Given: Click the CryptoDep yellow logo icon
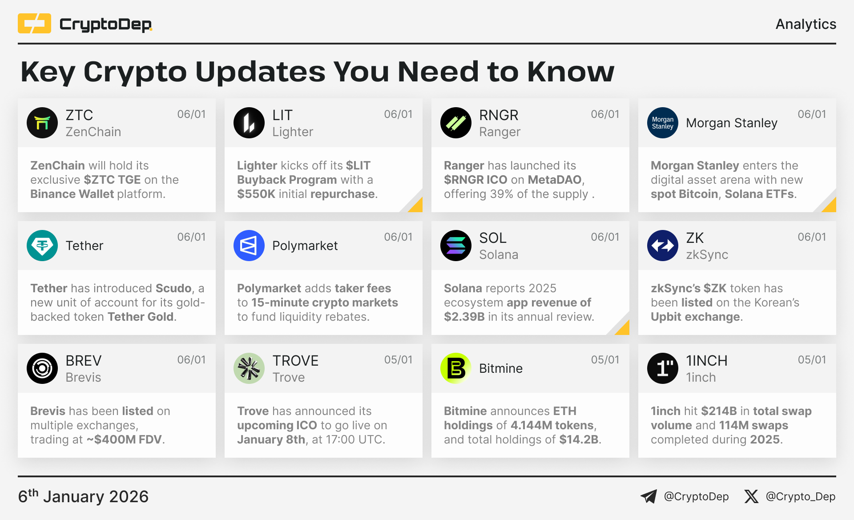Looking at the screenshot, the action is [x=34, y=24].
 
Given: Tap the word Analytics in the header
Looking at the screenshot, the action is [x=806, y=24].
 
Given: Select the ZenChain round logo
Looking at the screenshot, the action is [x=42, y=123].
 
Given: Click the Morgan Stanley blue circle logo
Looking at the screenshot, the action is [x=663, y=123].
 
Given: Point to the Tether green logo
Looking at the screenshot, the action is [x=42, y=246].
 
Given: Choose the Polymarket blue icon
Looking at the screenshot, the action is [x=249, y=246].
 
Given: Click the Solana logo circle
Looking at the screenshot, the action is [x=456, y=246].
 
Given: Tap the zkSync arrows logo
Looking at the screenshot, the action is [x=663, y=246].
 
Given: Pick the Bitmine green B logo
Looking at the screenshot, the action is [x=456, y=368].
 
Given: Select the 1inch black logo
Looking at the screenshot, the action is [x=663, y=368].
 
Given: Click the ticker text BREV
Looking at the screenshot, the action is [x=84, y=361].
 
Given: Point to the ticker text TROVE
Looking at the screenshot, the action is [x=295, y=361].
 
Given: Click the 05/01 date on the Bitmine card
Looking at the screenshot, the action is [x=605, y=360].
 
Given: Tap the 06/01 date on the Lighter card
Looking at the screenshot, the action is [x=398, y=114].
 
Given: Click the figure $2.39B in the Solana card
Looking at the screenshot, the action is [x=464, y=317].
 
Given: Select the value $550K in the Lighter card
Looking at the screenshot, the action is [x=256, y=194].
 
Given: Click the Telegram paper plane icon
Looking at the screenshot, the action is [x=649, y=496].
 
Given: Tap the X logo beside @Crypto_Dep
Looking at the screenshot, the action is [x=751, y=496].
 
